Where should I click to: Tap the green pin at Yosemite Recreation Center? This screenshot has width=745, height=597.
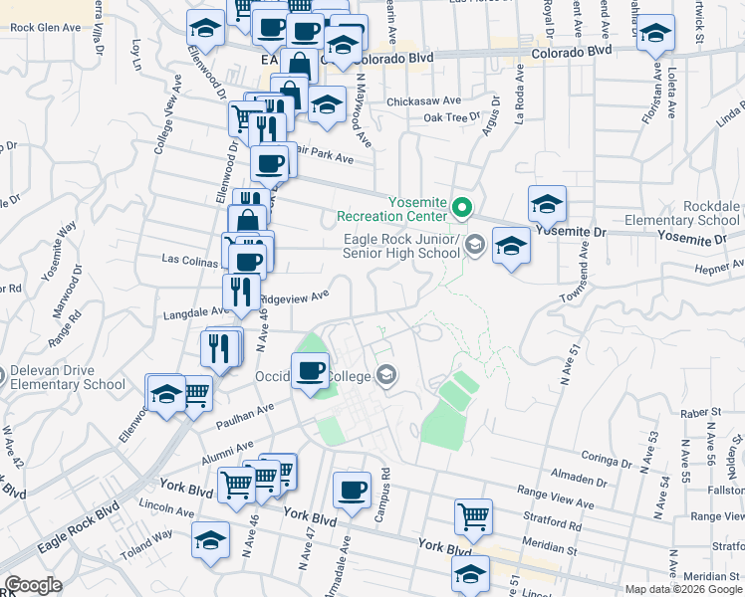[x=461, y=208]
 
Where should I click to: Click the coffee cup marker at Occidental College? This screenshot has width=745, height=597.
[x=311, y=371]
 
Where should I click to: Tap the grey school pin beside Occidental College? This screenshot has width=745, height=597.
[x=387, y=375]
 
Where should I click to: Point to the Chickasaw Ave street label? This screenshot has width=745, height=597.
[x=423, y=100]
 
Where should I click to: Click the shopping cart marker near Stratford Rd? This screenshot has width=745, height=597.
[x=474, y=516]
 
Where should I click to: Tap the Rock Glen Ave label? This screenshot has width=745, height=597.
[x=45, y=28]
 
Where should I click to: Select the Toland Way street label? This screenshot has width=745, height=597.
[x=147, y=539]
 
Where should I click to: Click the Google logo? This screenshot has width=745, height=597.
[x=33, y=584]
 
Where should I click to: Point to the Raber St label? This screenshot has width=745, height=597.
[x=701, y=412]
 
